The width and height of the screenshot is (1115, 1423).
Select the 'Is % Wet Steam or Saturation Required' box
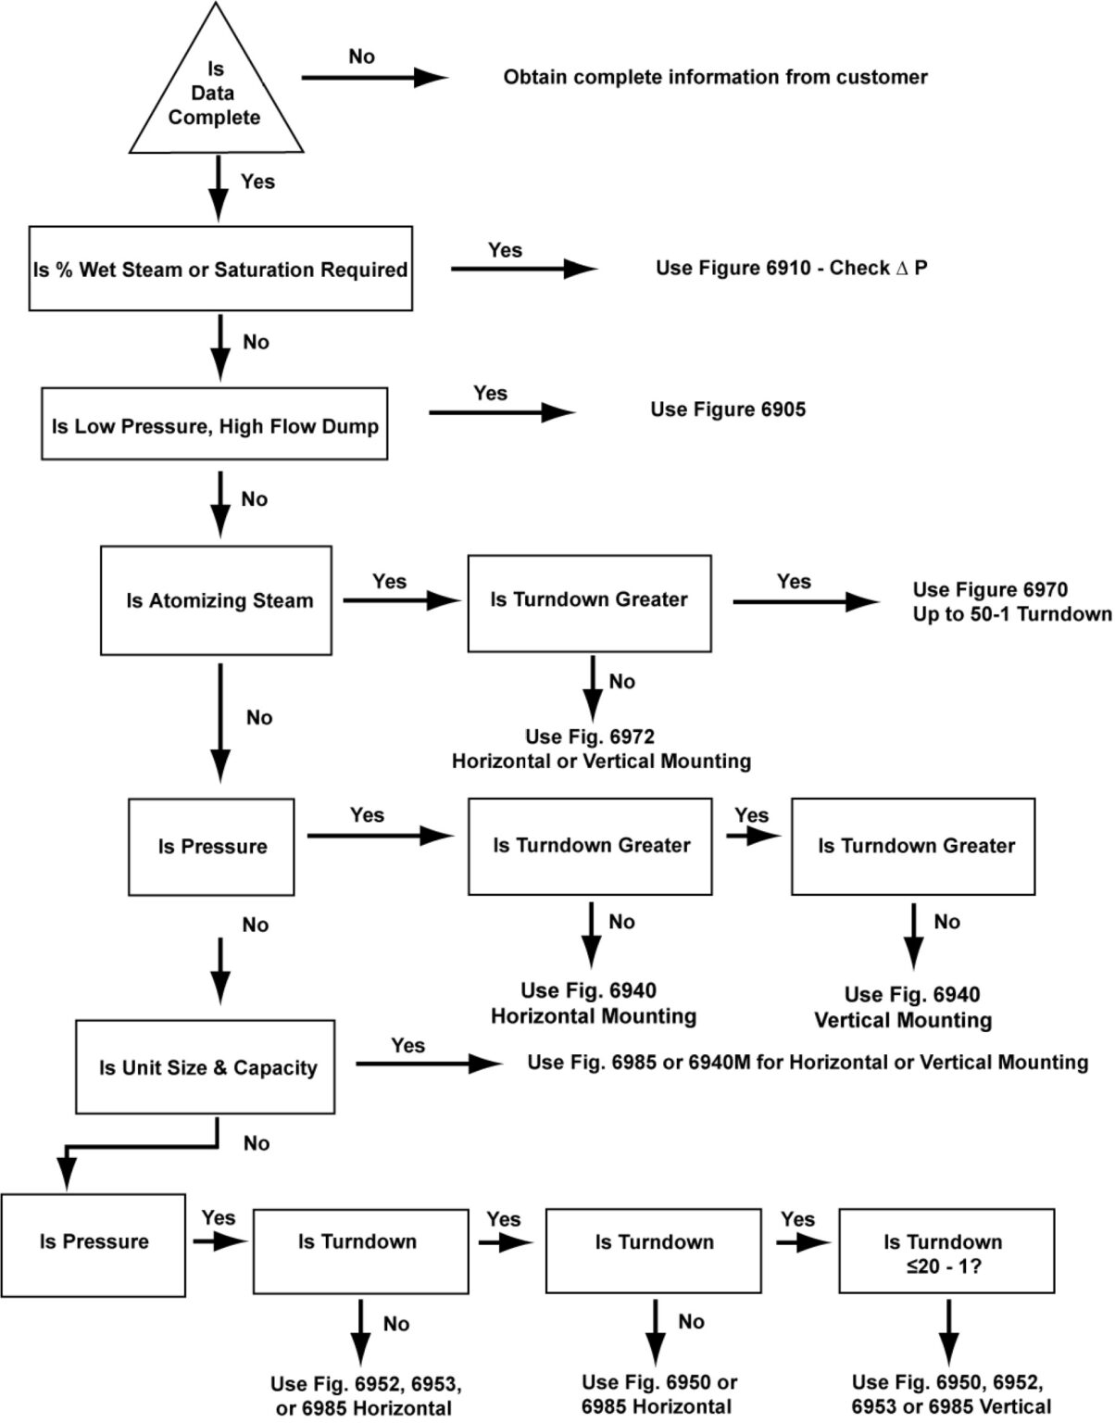tap(220, 270)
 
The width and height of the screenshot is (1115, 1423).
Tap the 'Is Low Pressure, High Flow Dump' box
tap(215, 425)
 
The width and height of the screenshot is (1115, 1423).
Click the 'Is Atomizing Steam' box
tap(216, 600)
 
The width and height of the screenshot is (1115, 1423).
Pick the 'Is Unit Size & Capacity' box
tap(206, 1067)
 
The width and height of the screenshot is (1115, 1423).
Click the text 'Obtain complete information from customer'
tap(715, 77)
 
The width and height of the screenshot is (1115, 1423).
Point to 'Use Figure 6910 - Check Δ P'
tap(791, 268)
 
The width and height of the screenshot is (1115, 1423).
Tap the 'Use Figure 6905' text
tap(728, 409)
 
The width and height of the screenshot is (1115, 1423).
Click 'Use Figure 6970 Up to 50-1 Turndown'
tap(1011, 601)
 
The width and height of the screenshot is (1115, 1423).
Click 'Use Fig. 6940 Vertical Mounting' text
tap(903, 1007)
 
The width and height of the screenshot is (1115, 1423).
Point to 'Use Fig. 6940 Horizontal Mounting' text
tap(593, 1003)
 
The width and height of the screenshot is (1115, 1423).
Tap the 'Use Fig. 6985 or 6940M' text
tap(808, 1062)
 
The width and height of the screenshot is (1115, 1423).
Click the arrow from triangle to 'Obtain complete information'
tap(374, 78)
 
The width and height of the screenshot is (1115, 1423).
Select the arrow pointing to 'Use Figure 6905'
tap(501, 411)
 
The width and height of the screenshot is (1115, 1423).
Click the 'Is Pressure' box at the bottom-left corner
tap(94, 1244)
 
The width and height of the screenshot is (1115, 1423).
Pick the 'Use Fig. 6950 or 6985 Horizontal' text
tap(658, 1393)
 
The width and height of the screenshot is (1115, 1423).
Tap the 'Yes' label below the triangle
tap(257, 182)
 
